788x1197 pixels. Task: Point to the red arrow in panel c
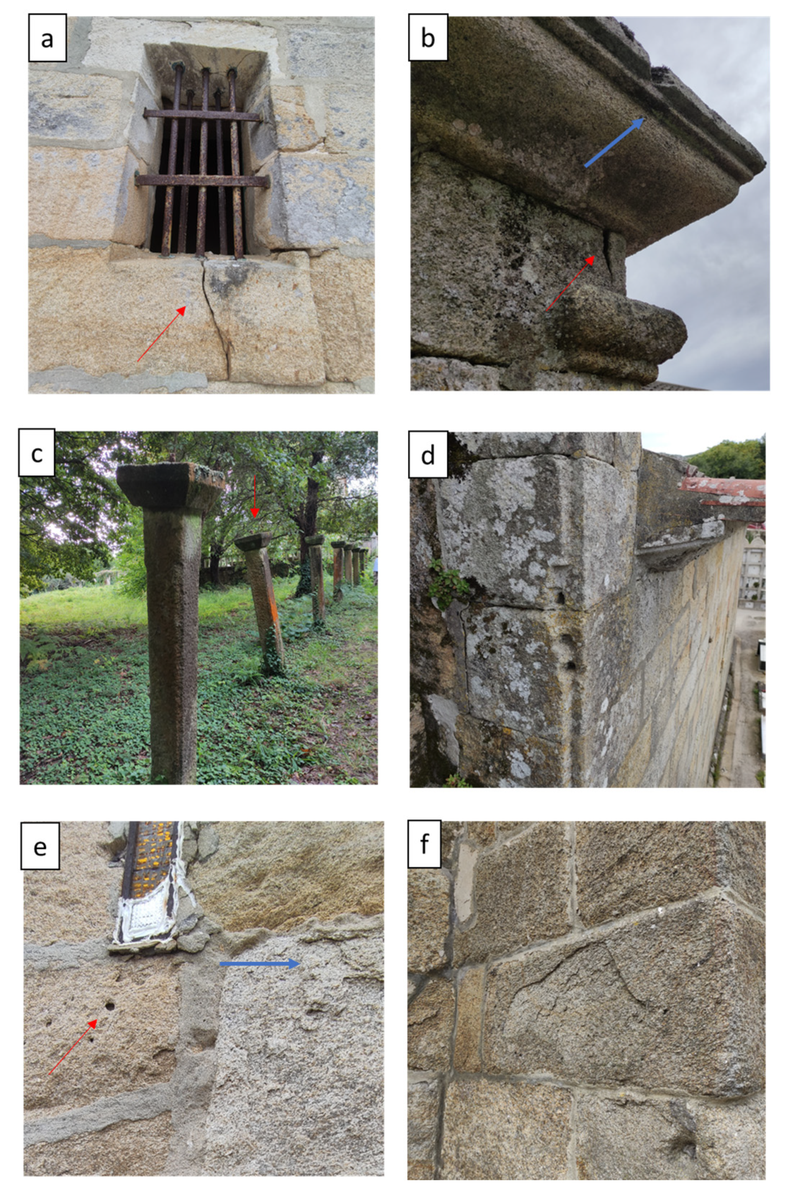coord(254,496)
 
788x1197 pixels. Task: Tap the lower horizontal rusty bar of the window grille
coord(202,181)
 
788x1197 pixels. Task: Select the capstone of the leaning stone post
coord(253,542)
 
